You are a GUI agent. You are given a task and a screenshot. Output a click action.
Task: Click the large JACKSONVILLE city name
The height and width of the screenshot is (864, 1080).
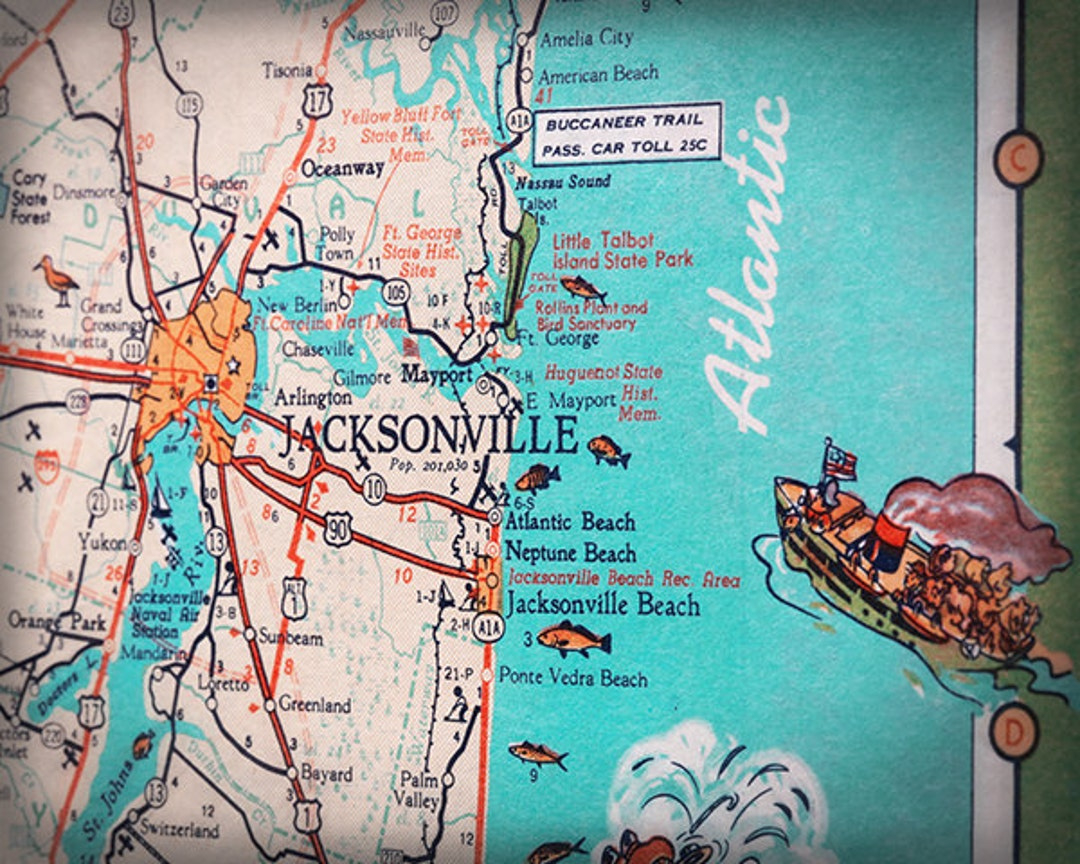click(428, 436)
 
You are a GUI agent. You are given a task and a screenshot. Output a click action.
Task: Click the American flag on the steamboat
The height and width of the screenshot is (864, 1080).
click(840, 461)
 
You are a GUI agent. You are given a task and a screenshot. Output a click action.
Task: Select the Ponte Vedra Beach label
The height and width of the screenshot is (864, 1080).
click(573, 679)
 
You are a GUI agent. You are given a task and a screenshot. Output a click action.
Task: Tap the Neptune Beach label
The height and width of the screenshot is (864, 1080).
click(570, 552)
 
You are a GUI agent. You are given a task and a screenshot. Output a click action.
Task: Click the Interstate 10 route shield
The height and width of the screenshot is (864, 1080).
click(374, 489)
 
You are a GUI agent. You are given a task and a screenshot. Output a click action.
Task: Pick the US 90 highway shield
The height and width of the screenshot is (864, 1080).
click(338, 530)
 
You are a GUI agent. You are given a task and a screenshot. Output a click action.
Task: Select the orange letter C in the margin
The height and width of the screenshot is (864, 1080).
click(1017, 158)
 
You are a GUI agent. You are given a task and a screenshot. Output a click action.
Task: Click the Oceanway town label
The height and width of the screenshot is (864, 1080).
click(342, 168)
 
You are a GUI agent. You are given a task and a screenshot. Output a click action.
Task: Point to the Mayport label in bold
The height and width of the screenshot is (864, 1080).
click(437, 377)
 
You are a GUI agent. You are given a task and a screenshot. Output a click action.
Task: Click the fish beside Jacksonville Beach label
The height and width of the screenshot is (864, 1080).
click(573, 637)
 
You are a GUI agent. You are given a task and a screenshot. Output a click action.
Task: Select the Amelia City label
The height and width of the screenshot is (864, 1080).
click(586, 39)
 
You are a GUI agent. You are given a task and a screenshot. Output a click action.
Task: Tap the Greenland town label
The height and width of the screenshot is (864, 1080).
click(314, 705)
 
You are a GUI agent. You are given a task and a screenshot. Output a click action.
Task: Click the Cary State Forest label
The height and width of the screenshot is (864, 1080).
click(30, 197)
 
